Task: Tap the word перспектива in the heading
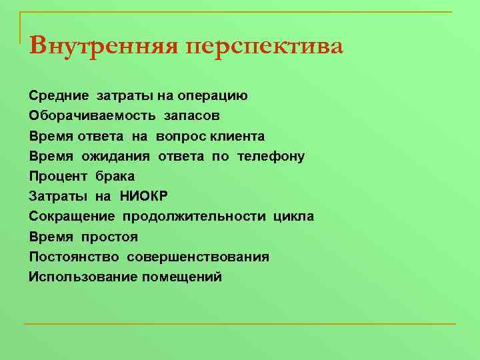pyautogui.click(x=265, y=48)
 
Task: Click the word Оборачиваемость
pyautogui.click(x=84, y=116)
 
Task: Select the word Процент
pyautogui.click(x=57, y=177)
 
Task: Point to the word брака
pyautogui.click(x=115, y=177)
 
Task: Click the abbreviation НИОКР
pyautogui.click(x=144, y=197)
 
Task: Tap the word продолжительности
pyautogui.click(x=194, y=217)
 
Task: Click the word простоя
pyautogui.click(x=109, y=237)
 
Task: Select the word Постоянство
pyautogui.click(x=74, y=257)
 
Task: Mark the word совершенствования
pyautogui.click(x=198, y=257)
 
